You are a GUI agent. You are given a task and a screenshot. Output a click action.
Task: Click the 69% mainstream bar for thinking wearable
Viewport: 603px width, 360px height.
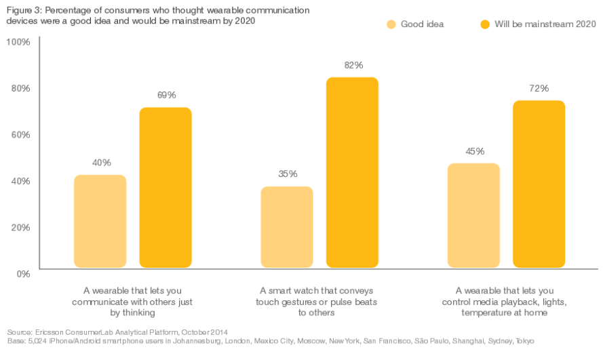(166, 187)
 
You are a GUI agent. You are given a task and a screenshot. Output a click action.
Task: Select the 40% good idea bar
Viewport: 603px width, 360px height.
(100, 221)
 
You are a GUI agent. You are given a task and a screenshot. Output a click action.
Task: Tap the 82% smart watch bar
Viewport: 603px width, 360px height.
(352, 172)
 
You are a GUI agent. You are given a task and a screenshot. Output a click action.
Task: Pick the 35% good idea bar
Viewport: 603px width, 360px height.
(287, 227)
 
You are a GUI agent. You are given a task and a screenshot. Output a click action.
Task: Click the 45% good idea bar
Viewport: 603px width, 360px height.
(473, 216)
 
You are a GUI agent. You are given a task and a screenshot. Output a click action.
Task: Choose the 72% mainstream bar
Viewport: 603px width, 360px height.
(539, 184)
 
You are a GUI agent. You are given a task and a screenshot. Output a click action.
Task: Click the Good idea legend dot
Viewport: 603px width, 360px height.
(391, 24)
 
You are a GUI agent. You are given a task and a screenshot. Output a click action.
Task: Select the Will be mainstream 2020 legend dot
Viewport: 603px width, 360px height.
(485, 24)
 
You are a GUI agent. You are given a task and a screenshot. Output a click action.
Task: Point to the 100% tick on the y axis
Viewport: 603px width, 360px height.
(18, 42)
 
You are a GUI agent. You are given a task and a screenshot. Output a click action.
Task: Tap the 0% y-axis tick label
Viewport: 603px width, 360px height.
(22, 273)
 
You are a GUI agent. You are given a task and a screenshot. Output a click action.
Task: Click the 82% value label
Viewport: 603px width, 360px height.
(353, 65)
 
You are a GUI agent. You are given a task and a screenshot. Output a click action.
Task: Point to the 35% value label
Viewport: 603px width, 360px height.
(288, 174)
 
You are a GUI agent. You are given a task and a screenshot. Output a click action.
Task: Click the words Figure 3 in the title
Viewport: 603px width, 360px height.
(24, 11)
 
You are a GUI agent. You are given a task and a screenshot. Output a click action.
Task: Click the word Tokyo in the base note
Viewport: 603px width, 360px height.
(524, 340)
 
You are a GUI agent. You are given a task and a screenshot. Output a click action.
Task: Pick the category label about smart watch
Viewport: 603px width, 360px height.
(317, 301)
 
